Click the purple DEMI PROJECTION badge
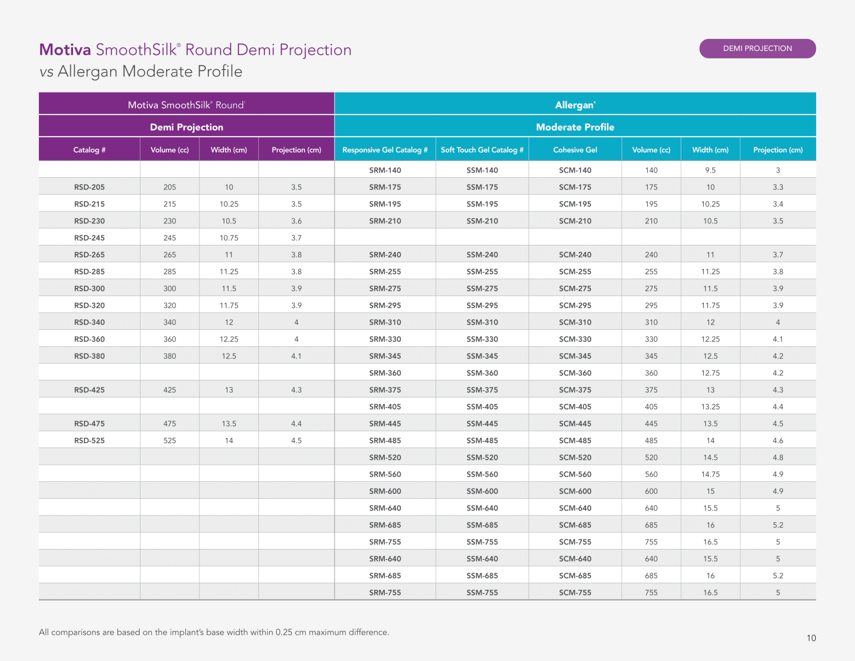coord(757,48)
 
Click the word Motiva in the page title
coord(65,50)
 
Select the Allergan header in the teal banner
coord(575,105)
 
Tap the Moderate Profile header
coord(575,127)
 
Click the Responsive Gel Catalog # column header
coord(385,150)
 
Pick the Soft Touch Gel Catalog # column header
coord(482,150)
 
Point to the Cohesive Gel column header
coord(575,150)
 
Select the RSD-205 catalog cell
coord(89,187)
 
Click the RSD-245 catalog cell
coord(89,238)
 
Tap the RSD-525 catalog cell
coord(89,441)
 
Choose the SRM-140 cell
coord(385,170)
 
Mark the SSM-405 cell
coord(482,407)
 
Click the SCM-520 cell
coord(575,457)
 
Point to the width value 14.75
coord(711,474)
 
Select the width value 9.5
coord(711,170)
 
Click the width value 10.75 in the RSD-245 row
coord(229,238)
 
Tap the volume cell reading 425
coord(169,390)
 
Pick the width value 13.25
coord(711,407)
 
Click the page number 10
coord(811,638)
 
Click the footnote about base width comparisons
coord(214,632)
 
